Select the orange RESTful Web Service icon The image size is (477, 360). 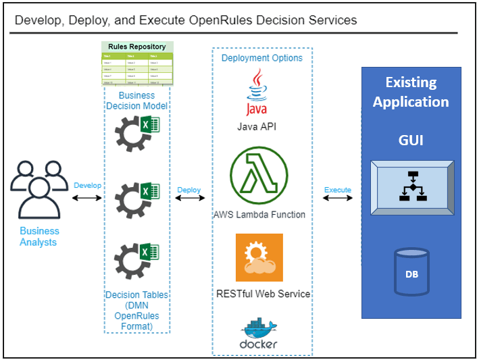(x=259, y=257)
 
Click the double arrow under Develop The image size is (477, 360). (x=86, y=198)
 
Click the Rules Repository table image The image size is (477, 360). (x=137, y=65)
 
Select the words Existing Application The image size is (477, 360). (x=411, y=93)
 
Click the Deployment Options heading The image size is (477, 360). (x=262, y=58)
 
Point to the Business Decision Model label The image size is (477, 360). (x=137, y=101)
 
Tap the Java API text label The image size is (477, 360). (x=257, y=126)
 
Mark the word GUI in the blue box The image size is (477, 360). (x=411, y=140)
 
